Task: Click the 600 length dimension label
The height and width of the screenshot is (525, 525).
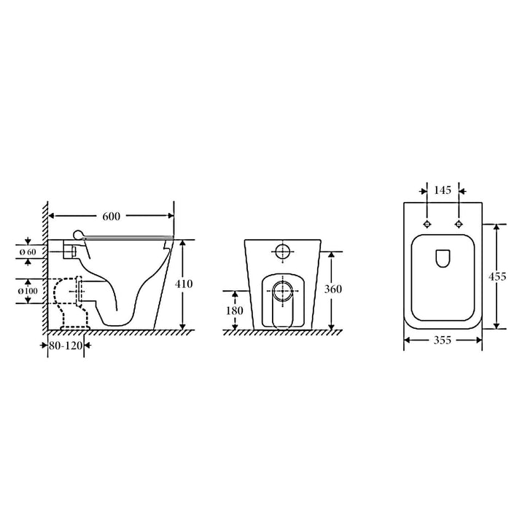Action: pyautogui.click(x=112, y=217)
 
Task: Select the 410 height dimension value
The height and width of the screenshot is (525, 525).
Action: pyautogui.click(x=184, y=284)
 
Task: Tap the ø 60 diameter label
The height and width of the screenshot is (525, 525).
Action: pyautogui.click(x=28, y=252)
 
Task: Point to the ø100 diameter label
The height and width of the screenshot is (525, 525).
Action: pyautogui.click(x=28, y=292)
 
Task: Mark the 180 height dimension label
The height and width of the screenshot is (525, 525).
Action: pyautogui.click(x=233, y=311)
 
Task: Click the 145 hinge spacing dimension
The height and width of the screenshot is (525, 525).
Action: pyautogui.click(x=443, y=190)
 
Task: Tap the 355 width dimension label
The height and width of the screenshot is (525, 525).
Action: pyautogui.click(x=443, y=340)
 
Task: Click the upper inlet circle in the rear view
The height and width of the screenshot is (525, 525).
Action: pyautogui.click(x=282, y=252)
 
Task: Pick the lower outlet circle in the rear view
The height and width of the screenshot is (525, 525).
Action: pyautogui.click(x=282, y=290)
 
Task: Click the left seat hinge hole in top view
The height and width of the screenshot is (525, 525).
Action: pyautogui.click(x=427, y=223)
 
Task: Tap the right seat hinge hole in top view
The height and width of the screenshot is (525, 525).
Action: pyautogui.click(x=459, y=223)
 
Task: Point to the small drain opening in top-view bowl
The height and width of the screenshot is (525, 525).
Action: pyautogui.click(x=443, y=258)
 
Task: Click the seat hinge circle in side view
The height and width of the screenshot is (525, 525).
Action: pyautogui.click(x=78, y=235)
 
